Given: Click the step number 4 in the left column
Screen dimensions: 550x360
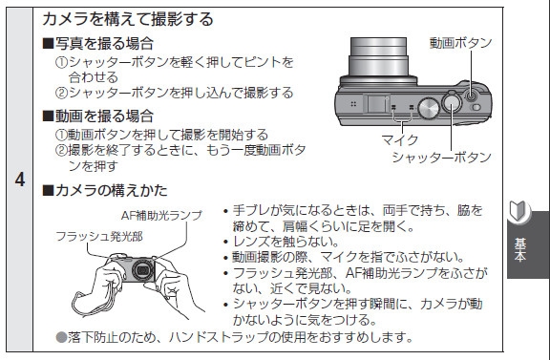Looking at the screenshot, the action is coord(20,180).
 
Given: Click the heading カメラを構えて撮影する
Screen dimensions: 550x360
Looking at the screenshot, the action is coord(128,19).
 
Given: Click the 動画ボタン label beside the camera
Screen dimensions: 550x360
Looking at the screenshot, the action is coord(461,43).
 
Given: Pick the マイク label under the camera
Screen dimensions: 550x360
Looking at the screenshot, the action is coord(400,140).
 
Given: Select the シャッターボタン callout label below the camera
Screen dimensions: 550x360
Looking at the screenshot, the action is coord(441,157).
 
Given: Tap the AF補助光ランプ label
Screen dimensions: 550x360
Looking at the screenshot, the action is coord(161,215).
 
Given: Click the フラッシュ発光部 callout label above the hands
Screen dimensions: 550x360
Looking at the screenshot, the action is coord(99,237).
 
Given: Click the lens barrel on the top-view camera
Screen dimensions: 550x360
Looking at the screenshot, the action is coord(378,58).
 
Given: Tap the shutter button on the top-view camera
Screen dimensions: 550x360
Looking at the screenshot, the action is coord(452,102).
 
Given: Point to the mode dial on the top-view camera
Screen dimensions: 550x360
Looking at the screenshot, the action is coord(429,108).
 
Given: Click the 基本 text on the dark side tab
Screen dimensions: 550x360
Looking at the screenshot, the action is coord(519,250).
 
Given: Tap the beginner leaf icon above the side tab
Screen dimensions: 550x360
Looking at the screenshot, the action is coord(518,211).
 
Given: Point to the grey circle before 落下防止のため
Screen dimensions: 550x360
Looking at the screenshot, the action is coord(61,337).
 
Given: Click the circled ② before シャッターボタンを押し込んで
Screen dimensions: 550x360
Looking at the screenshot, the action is coord(61,93).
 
